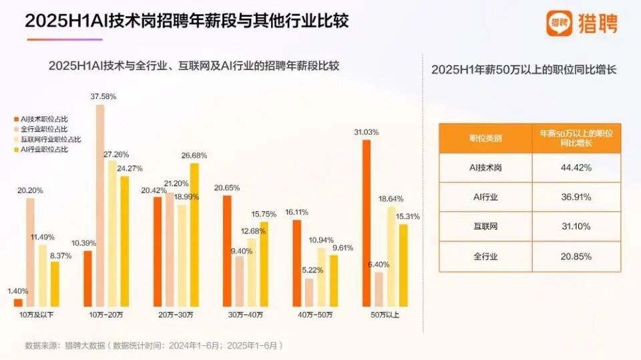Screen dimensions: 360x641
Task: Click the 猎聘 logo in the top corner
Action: pyautogui.click(x=582, y=23)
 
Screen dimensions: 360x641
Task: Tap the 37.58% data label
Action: pyautogui.click(x=103, y=96)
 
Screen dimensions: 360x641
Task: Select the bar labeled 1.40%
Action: pyautogui.click(x=18, y=303)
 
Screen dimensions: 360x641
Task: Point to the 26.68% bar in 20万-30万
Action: pyautogui.click(x=194, y=234)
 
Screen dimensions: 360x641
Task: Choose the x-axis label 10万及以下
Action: pyautogui.click(x=37, y=315)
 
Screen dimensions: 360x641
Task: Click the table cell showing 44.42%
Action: pyautogui.click(x=576, y=168)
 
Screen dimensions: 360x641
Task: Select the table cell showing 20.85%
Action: pyautogui.click(x=576, y=256)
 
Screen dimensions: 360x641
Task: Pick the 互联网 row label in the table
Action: pyautogui.click(x=485, y=227)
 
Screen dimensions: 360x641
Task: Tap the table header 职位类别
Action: pyautogui.click(x=485, y=138)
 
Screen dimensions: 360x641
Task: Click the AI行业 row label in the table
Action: pyautogui.click(x=485, y=197)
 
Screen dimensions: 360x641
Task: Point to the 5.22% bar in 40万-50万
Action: pyautogui.click(x=309, y=293)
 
